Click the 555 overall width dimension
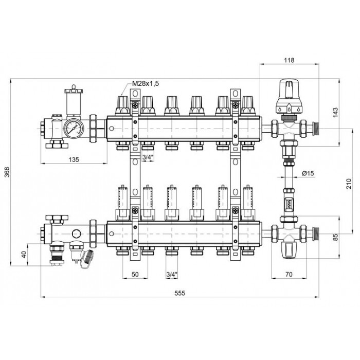point(179,293)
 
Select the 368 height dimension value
point(8,172)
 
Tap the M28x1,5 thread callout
point(146,83)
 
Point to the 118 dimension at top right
point(289,60)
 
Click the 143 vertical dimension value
point(335,113)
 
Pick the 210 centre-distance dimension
point(349,184)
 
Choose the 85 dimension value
point(335,237)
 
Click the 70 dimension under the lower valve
point(289,274)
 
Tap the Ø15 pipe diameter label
point(308,173)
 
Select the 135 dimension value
point(74,159)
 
